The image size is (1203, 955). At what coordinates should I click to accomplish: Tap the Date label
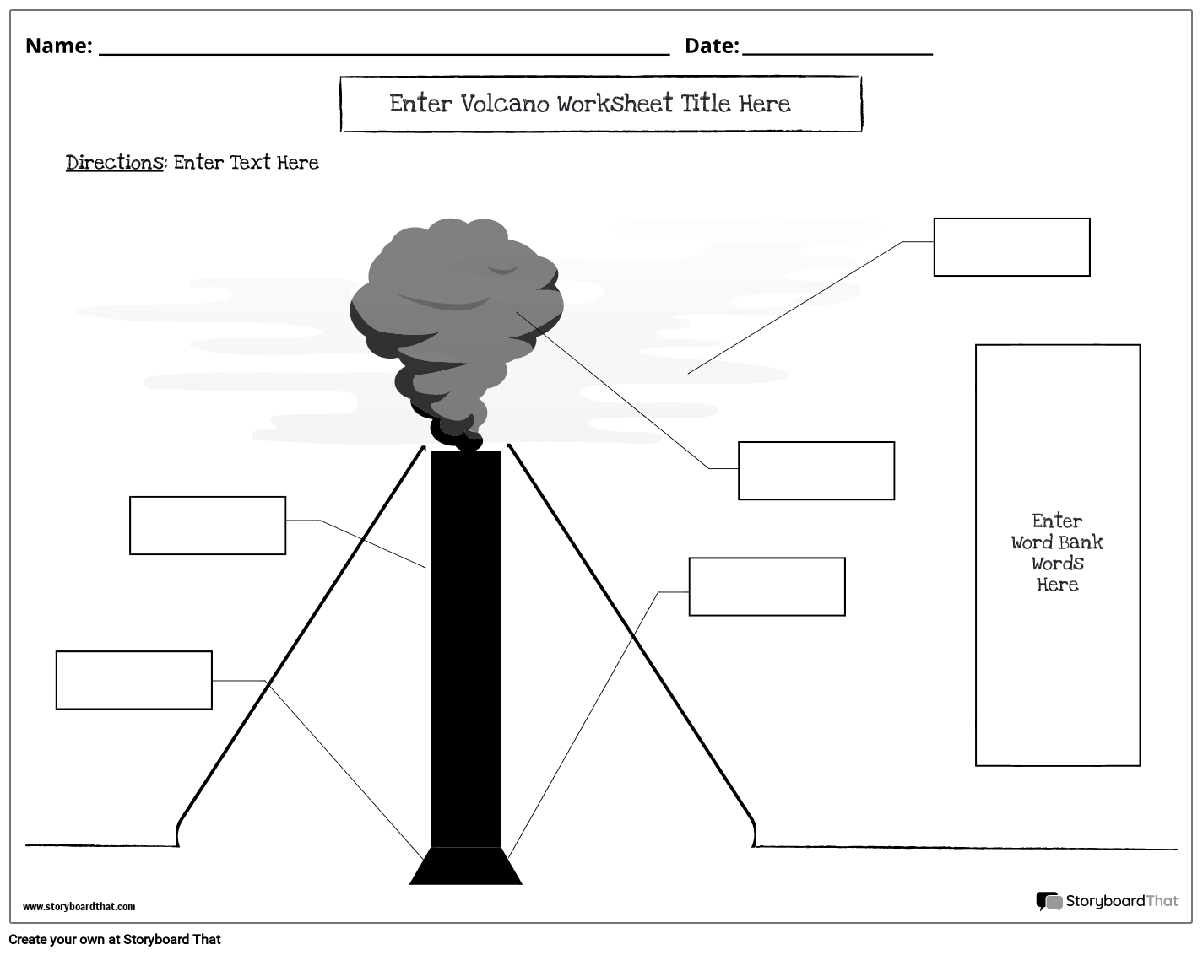point(710,46)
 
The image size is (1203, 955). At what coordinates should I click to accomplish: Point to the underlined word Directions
point(114,162)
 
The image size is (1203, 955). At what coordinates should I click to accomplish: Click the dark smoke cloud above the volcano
point(456,312)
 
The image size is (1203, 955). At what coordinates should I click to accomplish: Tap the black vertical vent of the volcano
point(466,650)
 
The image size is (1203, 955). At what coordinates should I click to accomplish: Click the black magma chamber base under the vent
point(466,866)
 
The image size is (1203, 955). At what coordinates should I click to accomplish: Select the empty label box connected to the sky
point(1011,247)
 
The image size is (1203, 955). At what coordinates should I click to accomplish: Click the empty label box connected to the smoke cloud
point(816,471)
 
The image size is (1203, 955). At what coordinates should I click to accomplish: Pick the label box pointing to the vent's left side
point(208,526)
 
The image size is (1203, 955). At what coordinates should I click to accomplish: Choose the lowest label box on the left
point(134,680)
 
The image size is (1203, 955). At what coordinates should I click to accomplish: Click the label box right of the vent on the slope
point(767,586)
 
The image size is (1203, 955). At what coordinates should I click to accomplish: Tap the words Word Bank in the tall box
point(1057,542)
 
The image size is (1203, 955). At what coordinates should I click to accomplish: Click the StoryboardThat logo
point(1120,901)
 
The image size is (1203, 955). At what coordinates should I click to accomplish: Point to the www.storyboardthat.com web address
point(79,907)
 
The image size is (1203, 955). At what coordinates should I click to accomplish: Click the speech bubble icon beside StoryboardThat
point(1049,902)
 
